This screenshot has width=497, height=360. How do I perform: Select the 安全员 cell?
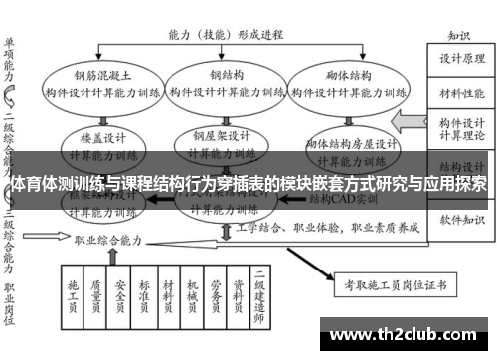click(120, 295)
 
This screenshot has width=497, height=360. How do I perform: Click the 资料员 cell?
click(238, 295)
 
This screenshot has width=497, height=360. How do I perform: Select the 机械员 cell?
click(191, 295)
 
